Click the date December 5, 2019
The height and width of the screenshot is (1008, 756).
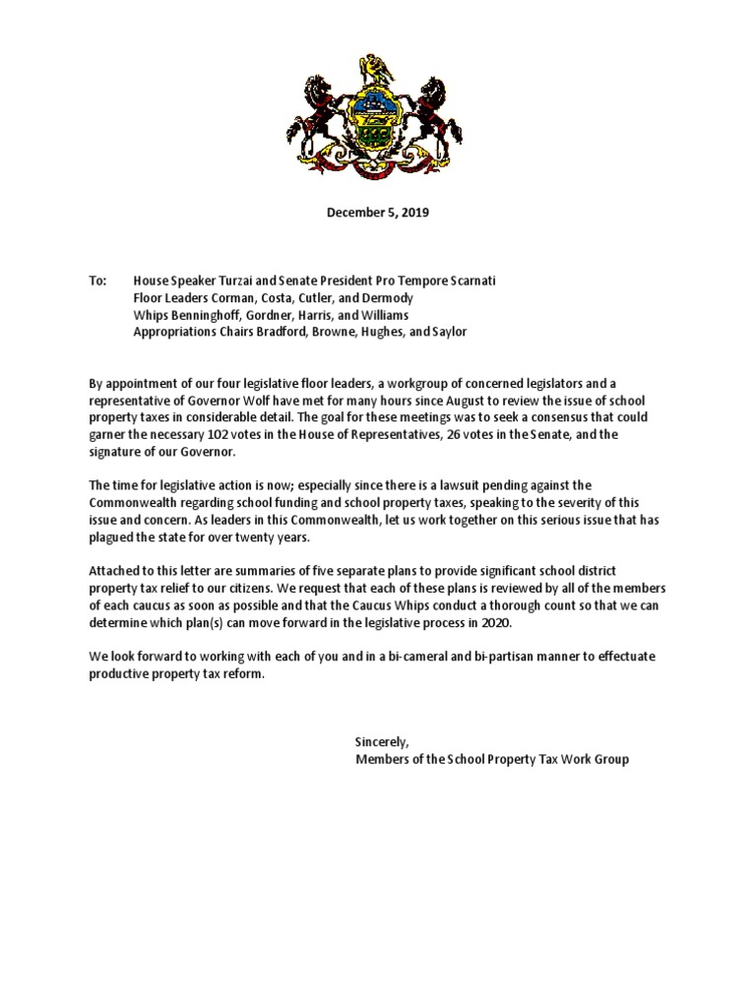tap(377, 212)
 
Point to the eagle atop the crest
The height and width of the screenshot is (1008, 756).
tap(376, 69)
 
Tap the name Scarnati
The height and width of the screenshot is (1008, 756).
tap(467, 281)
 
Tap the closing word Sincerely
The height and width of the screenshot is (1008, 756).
tap(382, 741)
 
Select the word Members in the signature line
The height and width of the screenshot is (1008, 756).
tap(382, 759)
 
